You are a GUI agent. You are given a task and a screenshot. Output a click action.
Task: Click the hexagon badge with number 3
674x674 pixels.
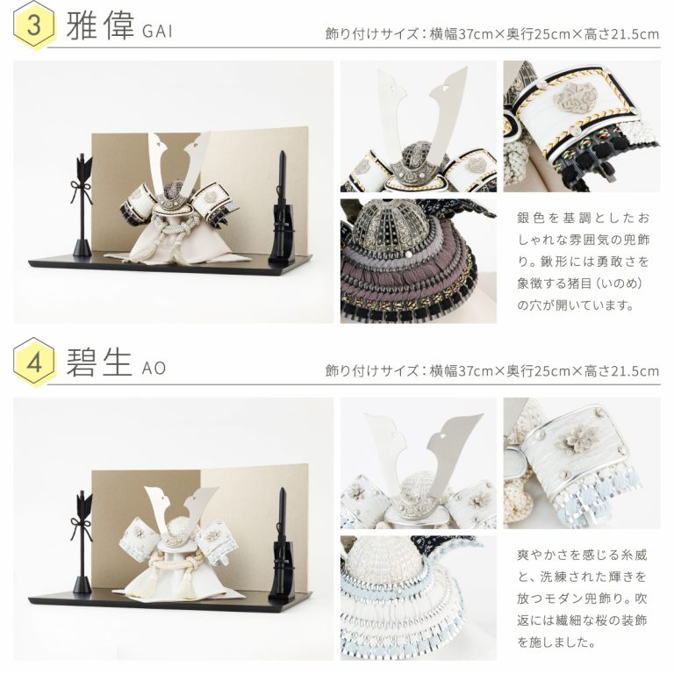click(34, 25)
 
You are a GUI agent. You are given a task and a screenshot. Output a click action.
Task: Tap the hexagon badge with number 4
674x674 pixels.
click(34, 362)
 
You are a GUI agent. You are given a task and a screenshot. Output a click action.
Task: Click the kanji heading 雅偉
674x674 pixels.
click(100, 25)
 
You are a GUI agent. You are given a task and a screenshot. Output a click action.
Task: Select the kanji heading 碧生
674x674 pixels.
click(98, 362)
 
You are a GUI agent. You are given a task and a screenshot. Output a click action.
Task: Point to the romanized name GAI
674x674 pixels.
click(157, 32)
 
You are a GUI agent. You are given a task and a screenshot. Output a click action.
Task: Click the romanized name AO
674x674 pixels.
click(154, 369)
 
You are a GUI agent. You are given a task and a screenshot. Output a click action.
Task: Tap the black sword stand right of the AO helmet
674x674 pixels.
click(282, 544)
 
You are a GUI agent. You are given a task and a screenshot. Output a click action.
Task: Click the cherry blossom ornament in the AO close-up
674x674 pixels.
click(570, 442)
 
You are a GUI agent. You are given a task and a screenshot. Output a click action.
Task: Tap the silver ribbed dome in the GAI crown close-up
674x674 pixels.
click(398, 225)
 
